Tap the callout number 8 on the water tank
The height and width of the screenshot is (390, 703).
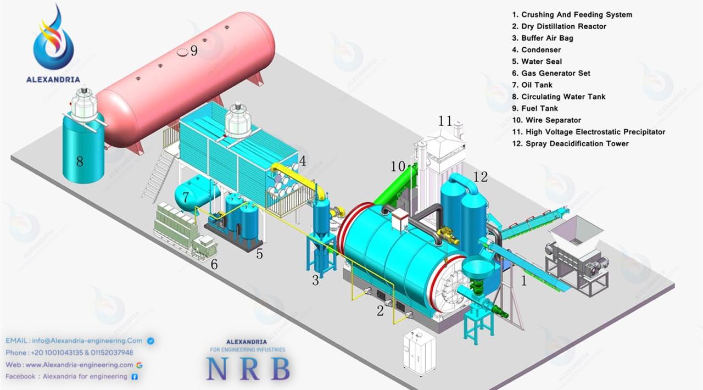pos(80,161)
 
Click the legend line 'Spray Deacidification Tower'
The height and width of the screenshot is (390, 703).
pos(570,143)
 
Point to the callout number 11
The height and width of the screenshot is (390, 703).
pos(445,121)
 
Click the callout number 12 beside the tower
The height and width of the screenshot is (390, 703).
pos(481,177)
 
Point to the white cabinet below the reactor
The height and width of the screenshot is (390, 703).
pos(419,352)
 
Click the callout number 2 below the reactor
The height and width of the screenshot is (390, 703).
pos(380,310)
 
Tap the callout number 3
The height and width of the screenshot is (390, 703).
pos(315,280)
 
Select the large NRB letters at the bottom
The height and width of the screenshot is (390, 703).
pos(248,369)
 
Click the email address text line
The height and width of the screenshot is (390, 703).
pos(74,341)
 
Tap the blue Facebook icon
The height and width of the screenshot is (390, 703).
pos(135,376)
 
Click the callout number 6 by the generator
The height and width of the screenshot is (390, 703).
pos(214,264)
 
